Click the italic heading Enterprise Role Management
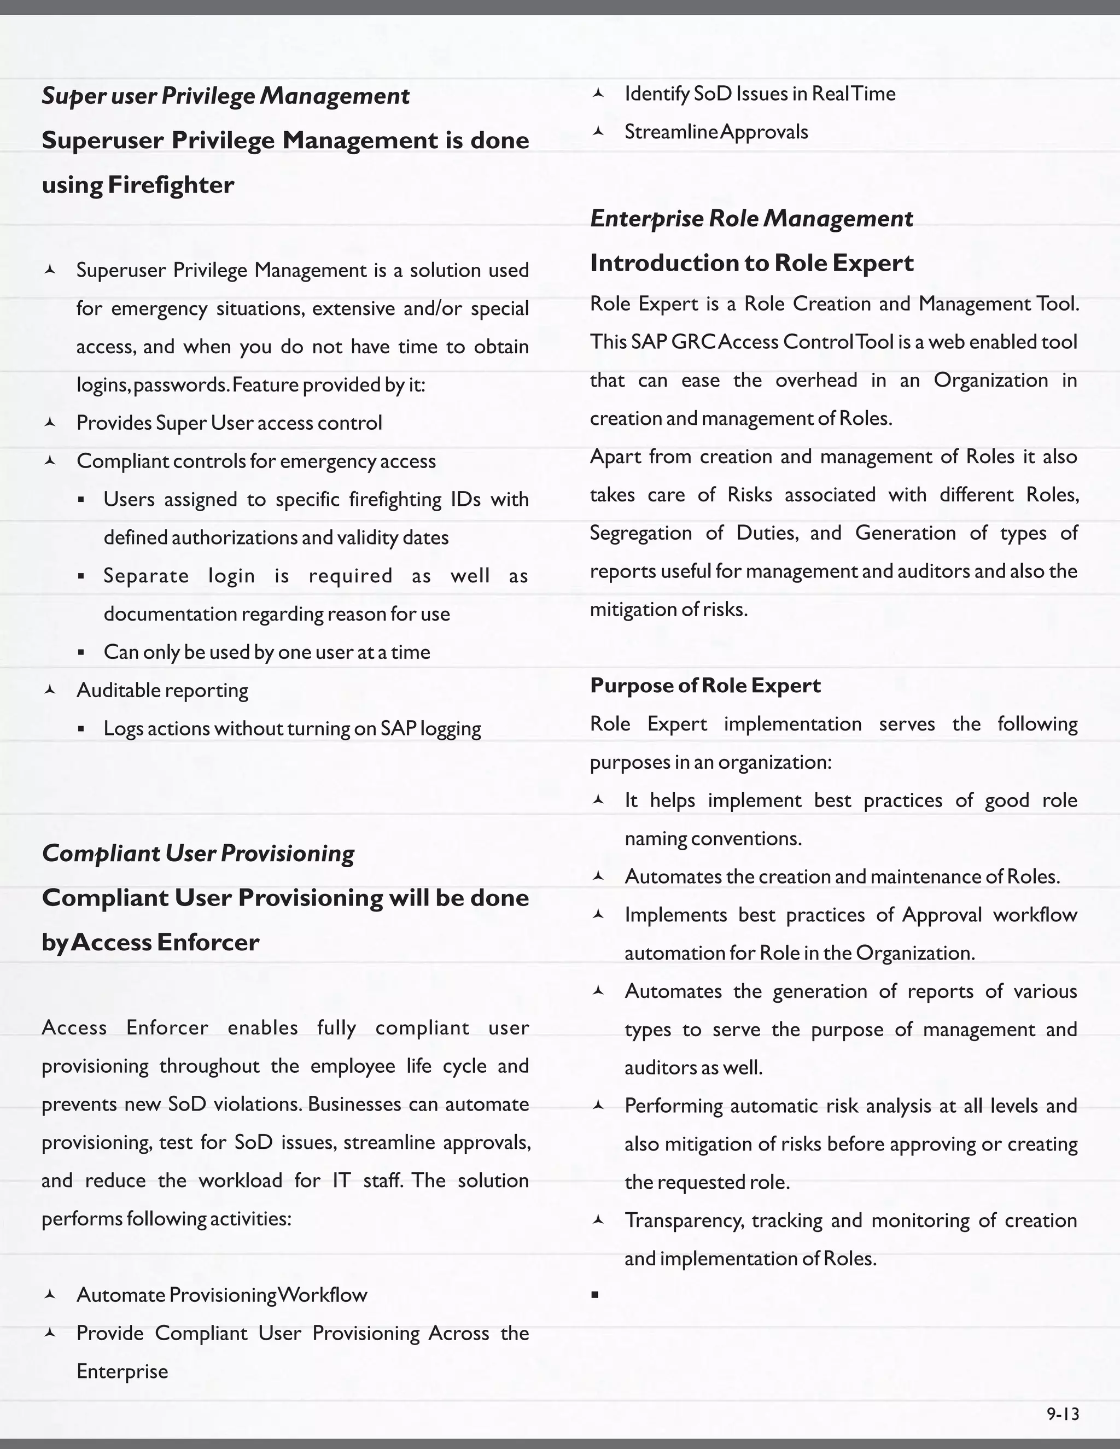751,218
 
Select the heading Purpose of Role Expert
705,685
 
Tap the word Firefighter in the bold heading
171,184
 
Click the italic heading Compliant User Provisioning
198,852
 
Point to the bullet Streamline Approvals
716,132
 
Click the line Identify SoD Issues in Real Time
760,94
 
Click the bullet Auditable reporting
162,690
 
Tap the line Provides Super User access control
229,423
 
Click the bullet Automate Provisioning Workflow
221,1294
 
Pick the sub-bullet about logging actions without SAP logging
292,728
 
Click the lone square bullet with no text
595,1294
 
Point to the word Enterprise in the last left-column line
122,1371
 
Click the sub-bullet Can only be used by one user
267,652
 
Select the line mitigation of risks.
669,609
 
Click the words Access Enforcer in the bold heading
165,942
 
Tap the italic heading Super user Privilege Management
226,96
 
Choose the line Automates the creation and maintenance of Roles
842,877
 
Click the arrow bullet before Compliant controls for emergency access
49,460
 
